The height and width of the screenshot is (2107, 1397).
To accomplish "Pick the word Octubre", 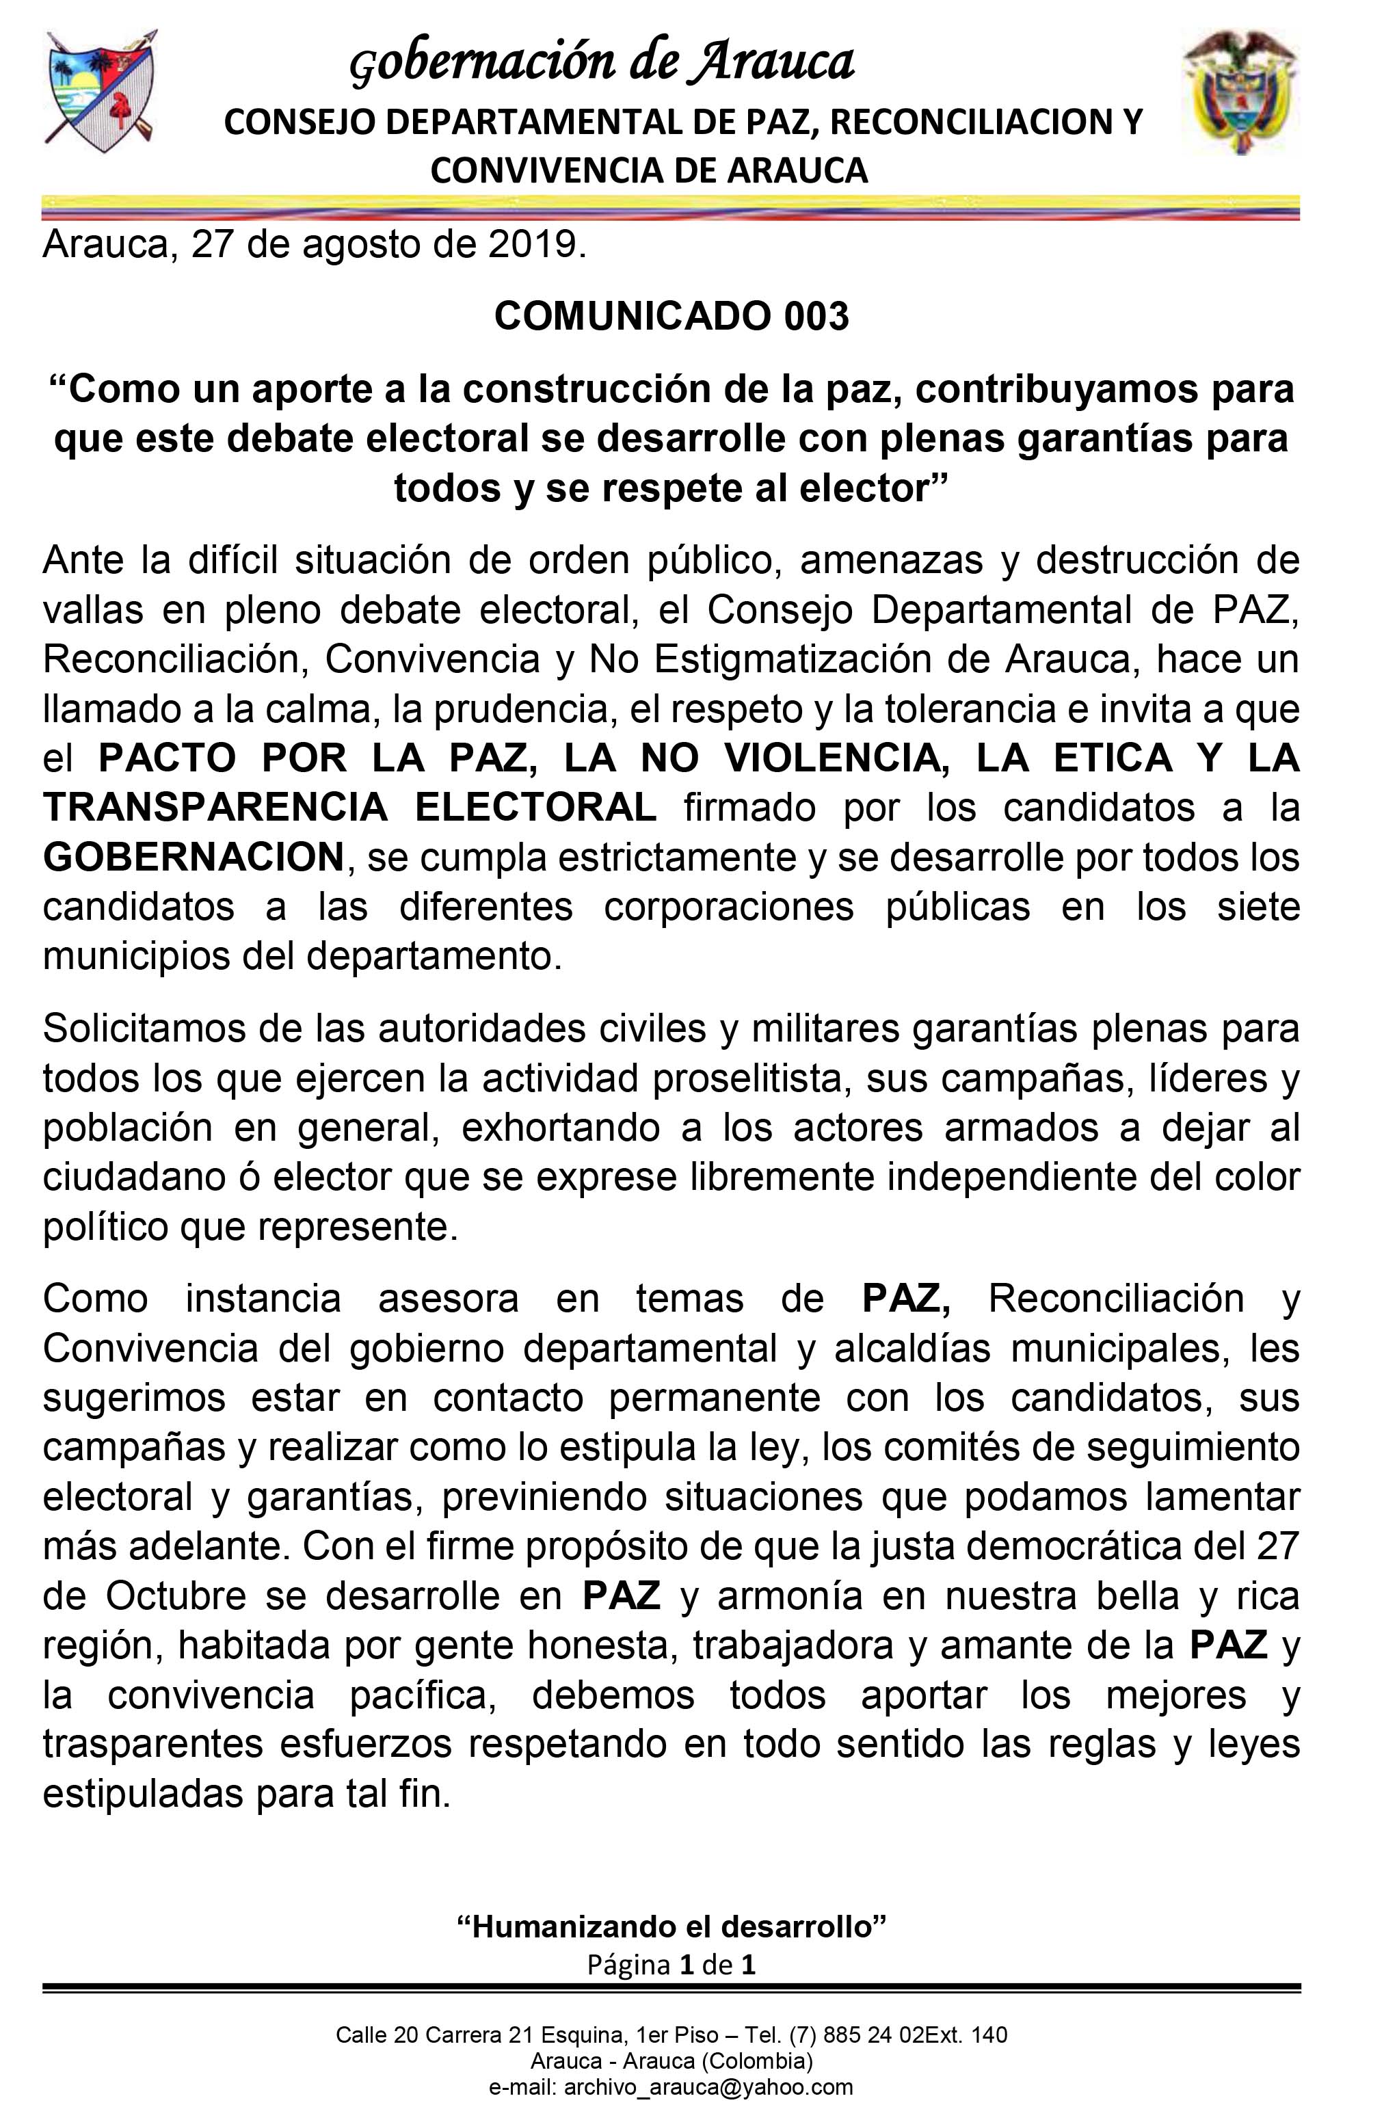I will pos(176,1595).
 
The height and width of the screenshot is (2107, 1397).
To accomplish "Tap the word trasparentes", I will pos(152,1745).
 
